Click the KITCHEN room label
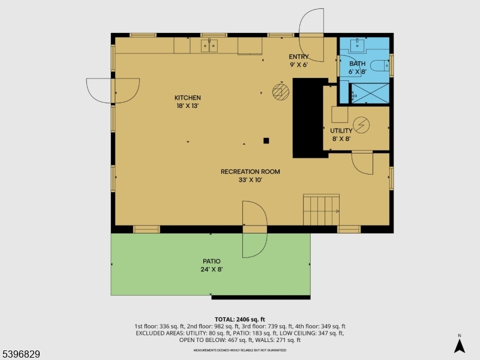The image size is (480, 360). (187, 98)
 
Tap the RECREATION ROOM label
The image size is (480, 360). (250, 172)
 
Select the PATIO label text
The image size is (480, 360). (211, 262)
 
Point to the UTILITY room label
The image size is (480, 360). (341, 131)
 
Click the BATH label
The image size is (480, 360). (357, 64)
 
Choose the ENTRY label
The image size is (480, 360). (298, 57)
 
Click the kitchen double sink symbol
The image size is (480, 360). (209, 45)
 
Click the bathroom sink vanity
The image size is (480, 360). (358, 45)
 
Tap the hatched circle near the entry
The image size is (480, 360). (280, 91)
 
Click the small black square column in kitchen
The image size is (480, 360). (266, 141)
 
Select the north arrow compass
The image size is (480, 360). (459, 345)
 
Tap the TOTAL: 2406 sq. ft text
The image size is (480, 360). (239, 319)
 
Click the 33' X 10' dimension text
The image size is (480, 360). (250, 179)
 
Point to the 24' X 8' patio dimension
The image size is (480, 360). (211, 269)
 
